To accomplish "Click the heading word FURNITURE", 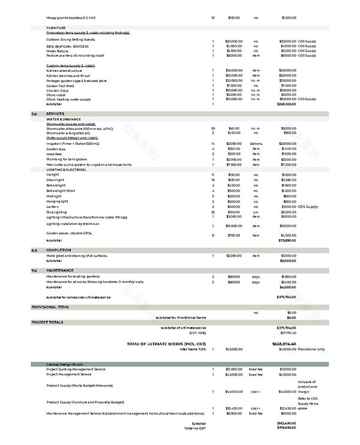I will [x=56, y=28].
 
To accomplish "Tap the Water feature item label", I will [x=58, y=50].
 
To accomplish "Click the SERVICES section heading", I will [x=55, y=113].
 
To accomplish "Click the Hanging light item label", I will [x=58, y=201].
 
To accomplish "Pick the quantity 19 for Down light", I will [x=213, y=180].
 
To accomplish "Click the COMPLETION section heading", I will [x=59, y=250].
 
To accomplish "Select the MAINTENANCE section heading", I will [x=61, y=271].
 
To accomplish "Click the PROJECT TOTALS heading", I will [x=47, y=323].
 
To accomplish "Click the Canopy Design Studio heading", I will [x=65, y=364].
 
